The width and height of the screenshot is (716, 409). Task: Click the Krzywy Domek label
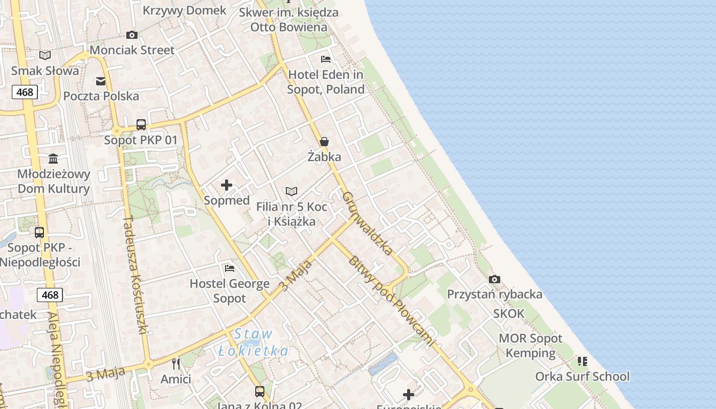click(x=184, y=10)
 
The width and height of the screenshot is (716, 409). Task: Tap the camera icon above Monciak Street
click(x=132, y=35)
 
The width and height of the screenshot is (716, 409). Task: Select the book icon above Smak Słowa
click(x=45, y=55)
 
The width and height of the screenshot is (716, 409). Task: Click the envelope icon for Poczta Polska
click(x=101, y=81)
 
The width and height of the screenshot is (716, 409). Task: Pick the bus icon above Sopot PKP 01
click(x=141, y=125)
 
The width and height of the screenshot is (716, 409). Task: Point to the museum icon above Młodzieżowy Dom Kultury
click(x=53, y=158)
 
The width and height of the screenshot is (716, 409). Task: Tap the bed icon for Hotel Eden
click(x=326, y=59)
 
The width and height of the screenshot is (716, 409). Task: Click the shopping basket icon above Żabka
click(x=324, y=142)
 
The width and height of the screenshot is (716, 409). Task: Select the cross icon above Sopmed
click(x=227, y=185)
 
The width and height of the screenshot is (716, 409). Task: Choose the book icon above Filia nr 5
click(x=292, y=192)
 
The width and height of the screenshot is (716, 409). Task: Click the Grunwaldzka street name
click(x=367, y=223)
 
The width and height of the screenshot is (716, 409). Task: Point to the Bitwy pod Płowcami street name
click(x=393, y=302)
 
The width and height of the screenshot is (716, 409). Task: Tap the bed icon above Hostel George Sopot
click(x=230, y=268)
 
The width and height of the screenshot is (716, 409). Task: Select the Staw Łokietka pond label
click(x=253, y=343)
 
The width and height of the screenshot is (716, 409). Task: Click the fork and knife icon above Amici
click(x=176, y=364)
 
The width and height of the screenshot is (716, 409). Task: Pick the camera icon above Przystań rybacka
click(x=495, y=279)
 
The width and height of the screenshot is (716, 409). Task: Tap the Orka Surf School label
click(x=582, y=377)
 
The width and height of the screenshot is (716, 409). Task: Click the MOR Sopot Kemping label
click(x=530, y=346)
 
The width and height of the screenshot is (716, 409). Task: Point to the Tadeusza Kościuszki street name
click(x=135, y=275)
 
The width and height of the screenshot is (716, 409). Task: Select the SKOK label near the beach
click(x=509, y=313)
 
